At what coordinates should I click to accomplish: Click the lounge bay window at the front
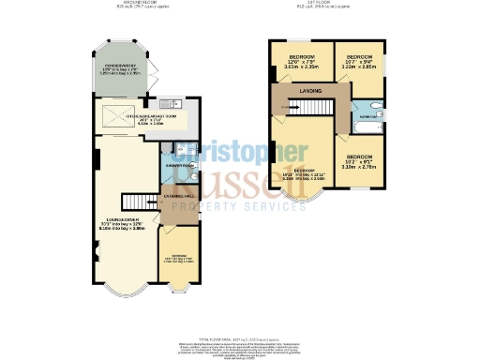coord(120,289)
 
